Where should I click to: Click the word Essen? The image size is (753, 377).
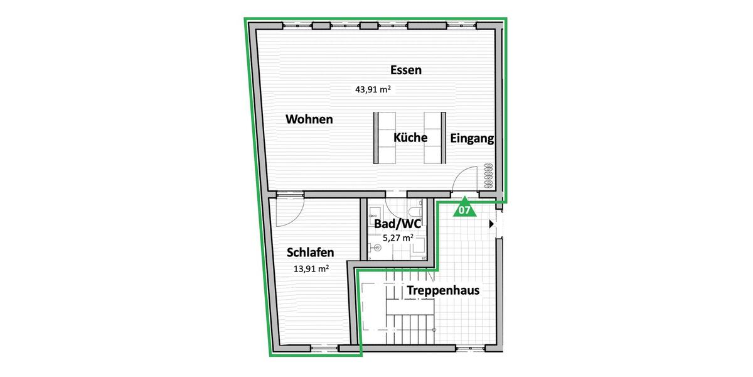tap(405, 70)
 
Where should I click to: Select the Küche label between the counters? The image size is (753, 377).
tap(410, 138)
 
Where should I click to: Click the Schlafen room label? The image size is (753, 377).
tap(310, 253)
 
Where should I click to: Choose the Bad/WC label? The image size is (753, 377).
tap(397, 224)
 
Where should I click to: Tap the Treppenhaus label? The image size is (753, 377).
tap(443, 290)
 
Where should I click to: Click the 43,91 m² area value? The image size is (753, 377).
tap(373, 90)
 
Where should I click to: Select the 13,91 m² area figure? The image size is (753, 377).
tap(311, 269)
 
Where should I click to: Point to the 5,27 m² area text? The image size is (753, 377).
tap(398, 238)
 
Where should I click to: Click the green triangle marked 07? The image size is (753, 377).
tap(464, 209)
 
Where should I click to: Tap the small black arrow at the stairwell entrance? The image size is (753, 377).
tap(491, 223)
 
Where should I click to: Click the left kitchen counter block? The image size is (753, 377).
tap(384, 136)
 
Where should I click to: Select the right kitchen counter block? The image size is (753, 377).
tap(434, 136)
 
